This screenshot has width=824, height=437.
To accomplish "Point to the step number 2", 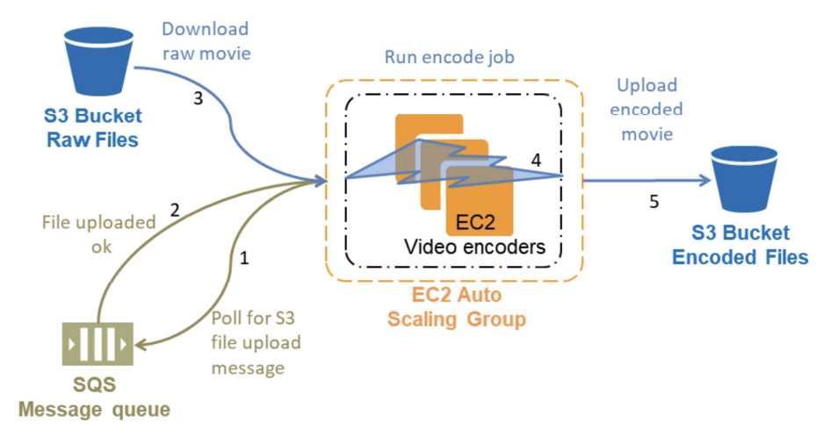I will click(174, 210).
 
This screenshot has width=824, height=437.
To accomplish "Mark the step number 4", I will click(536, 160).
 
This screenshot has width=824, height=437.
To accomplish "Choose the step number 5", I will click(653, 202).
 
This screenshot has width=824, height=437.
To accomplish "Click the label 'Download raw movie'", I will click(206, 41).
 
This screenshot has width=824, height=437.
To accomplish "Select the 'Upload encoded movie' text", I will click(647, 110).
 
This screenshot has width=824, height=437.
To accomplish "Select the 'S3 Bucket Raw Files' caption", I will click(93, 127).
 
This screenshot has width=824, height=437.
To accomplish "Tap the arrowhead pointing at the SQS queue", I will click(143, 344).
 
